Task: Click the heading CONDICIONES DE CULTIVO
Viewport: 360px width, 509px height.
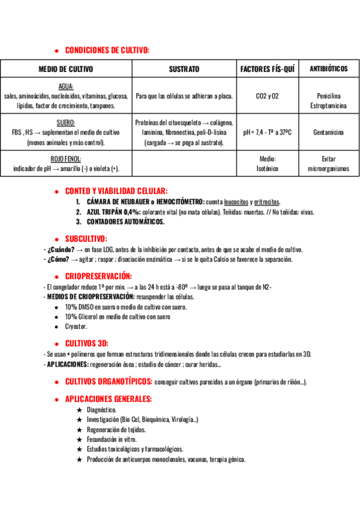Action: (107, 50)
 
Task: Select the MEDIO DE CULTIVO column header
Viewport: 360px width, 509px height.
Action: (65, 69)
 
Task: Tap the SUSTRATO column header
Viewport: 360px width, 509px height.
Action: (184, 69)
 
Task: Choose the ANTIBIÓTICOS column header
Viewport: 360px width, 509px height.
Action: (328, 69)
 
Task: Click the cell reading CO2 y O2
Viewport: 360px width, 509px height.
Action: (267, 96)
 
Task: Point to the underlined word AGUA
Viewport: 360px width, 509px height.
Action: (66, 86)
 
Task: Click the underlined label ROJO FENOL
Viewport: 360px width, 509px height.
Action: (66, 159)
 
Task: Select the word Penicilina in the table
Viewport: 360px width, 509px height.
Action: (328, 96)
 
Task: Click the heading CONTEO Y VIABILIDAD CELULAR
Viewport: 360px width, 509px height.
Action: (116, 191)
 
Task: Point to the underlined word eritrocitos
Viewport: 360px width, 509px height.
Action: (266, 202)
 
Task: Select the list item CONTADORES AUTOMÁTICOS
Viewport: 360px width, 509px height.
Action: (125, 221)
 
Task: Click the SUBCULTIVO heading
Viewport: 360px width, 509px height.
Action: (86, 238)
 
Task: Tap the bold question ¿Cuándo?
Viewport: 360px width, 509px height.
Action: (61, 250)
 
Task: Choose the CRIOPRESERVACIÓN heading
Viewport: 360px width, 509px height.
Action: (98, 277)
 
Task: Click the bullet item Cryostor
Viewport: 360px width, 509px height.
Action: (76, 326)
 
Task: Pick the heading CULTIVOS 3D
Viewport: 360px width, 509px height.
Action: (86, 343)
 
